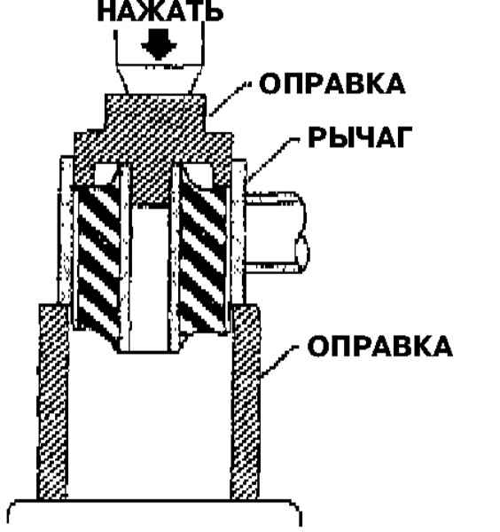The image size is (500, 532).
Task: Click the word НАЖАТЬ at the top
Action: [x=160, y=12]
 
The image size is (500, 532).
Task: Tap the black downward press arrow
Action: [x=159, y=45]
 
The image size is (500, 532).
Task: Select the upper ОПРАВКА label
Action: [x=332, y=84]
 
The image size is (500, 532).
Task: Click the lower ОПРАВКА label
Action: [x=380, y=346]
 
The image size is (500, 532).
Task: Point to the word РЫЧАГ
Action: [x=361, y=137]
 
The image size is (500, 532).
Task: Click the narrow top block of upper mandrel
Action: [x=155, y=113]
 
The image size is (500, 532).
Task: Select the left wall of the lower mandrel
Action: [x=53, y=402]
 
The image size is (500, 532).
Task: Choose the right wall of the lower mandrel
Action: [x=246, y=402]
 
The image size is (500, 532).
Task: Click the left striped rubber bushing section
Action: [x=98, y=262]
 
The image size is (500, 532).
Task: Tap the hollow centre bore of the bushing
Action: [x=150, y=278]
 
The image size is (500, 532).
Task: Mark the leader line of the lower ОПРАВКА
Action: [x=280, y=361]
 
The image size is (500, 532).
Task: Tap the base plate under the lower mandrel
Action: [x=154, y=515]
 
